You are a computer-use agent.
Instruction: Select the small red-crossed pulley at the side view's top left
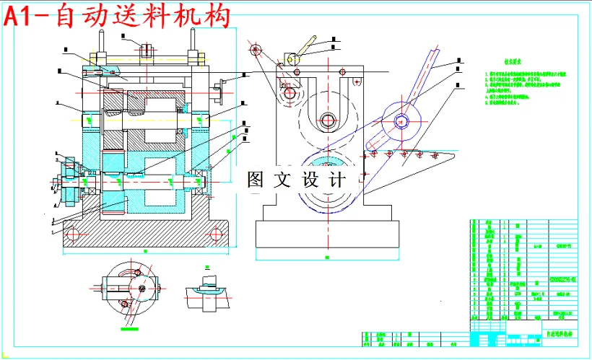click(x=254, y=50)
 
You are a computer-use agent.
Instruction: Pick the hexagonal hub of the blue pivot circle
click(x=401, y=120)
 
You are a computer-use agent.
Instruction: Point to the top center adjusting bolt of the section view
click(x=147, y=51)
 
